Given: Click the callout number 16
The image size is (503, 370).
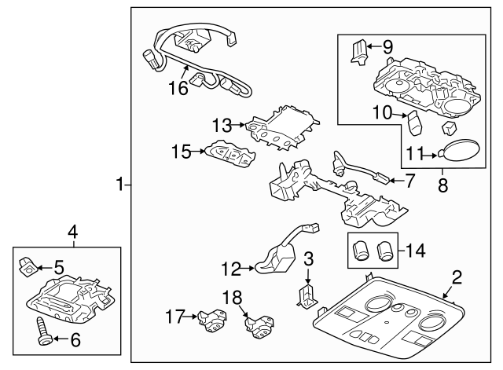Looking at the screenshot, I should pos(178,88).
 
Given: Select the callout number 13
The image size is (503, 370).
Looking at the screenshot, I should pos(222,124).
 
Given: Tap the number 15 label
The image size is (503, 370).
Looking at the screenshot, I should pos(182,152).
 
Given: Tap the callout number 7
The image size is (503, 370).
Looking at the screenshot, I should pos(409,181).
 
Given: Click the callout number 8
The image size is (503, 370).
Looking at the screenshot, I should pos(442,186).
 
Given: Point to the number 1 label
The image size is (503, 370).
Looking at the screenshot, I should pos(120,185).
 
